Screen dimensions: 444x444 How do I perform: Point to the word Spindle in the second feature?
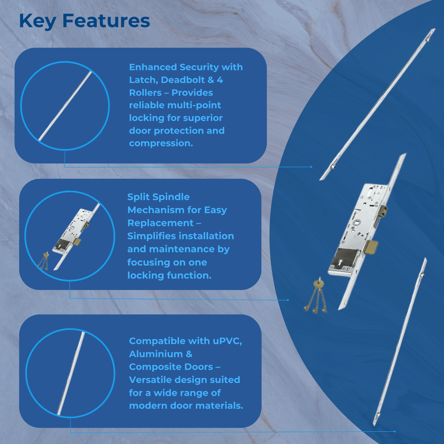pos(170,197)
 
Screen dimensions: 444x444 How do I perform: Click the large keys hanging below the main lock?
pos(315,297)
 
